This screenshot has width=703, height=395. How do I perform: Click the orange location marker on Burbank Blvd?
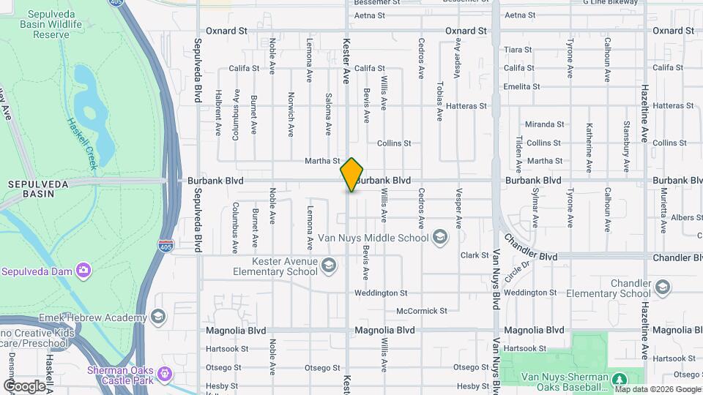tap(352, 175)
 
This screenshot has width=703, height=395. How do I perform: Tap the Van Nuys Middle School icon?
tap(440, 237)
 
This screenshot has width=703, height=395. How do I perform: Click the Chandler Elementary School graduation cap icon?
tap(663, 286)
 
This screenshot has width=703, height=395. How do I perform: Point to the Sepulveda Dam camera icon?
tap(83, 270)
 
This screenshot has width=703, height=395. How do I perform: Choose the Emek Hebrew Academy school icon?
tap(159, 317)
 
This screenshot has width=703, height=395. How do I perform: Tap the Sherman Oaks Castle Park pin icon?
tap(165, 375)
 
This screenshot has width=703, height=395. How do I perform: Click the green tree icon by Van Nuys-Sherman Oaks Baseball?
tap(620, 379)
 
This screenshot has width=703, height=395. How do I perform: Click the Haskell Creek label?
tap(82, 144)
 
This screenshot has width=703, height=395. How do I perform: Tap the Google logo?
tap(24, 385)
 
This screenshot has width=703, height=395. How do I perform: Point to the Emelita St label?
tap(522, 86)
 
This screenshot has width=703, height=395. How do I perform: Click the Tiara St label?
tap(518, 50)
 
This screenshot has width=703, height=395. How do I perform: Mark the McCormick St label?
tap(421, 311)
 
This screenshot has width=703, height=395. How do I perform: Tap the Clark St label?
tap(475, 255)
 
